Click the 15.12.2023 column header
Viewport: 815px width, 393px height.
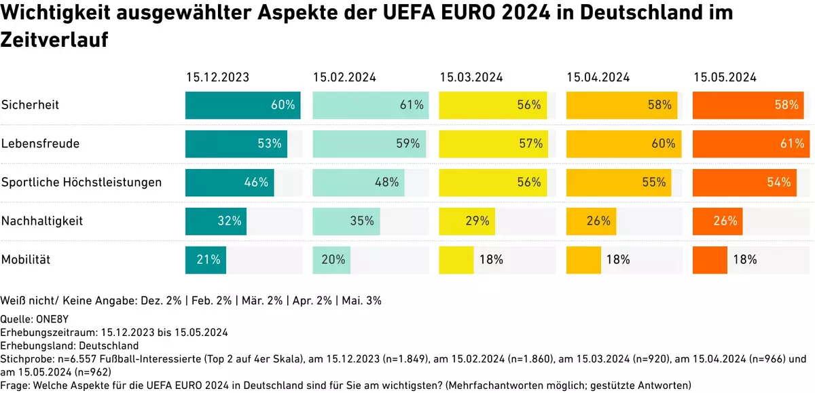click(217, 77)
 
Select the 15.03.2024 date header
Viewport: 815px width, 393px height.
click(471, 77)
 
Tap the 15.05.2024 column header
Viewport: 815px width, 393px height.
click(725, 77)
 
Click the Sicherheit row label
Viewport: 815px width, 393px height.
click(30, 105)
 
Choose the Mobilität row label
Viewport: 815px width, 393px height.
click(26, 259)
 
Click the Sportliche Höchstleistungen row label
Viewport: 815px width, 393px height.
click(81, 183)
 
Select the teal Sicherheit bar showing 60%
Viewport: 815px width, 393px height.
click(242, 105)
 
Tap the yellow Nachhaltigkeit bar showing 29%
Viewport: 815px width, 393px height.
click(467, 221)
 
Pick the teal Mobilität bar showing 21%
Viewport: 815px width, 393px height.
click(205, 259)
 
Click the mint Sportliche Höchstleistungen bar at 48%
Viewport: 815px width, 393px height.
click(358, 183)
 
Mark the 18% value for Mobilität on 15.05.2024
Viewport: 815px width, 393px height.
click(745, 259)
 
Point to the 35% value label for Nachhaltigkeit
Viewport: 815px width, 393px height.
click(362, 221)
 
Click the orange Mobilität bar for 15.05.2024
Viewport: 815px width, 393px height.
click(710, 259)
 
